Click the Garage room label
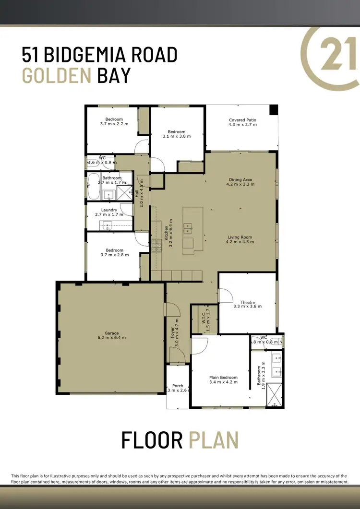click(112, 333)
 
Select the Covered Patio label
click(242, 120)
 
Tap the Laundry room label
click(109, 210)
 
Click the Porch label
click(178, 386)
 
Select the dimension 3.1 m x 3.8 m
click(177, 136)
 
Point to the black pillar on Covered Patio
click(273, 109)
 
